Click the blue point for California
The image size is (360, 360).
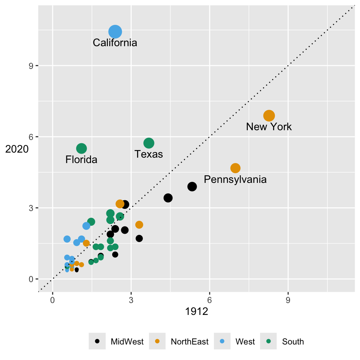click(x=115, y=32)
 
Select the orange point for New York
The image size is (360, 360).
click(x=269, y=116)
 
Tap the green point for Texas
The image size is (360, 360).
click(x=149, y=143)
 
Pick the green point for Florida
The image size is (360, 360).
click(x=82, y=148)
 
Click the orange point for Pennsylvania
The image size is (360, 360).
click(x=236, y=168)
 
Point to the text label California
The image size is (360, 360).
click(x=115, y=43)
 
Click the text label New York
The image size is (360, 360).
click(x=269, y=127)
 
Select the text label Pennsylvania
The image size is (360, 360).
click(x=235, y=179)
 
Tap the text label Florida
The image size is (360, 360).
click(x=82, y=160)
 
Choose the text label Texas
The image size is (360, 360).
click(x=149, y=154)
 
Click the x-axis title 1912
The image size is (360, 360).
click(x=197, y=312)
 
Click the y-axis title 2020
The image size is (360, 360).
click(x=17, y=149)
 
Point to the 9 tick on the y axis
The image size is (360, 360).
click(x=31, y=66)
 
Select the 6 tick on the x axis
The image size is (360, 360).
click(x=209, y=300)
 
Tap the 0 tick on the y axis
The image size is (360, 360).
click(x=31, y=279)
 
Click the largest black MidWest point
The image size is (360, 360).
click(x=192, y=186)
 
